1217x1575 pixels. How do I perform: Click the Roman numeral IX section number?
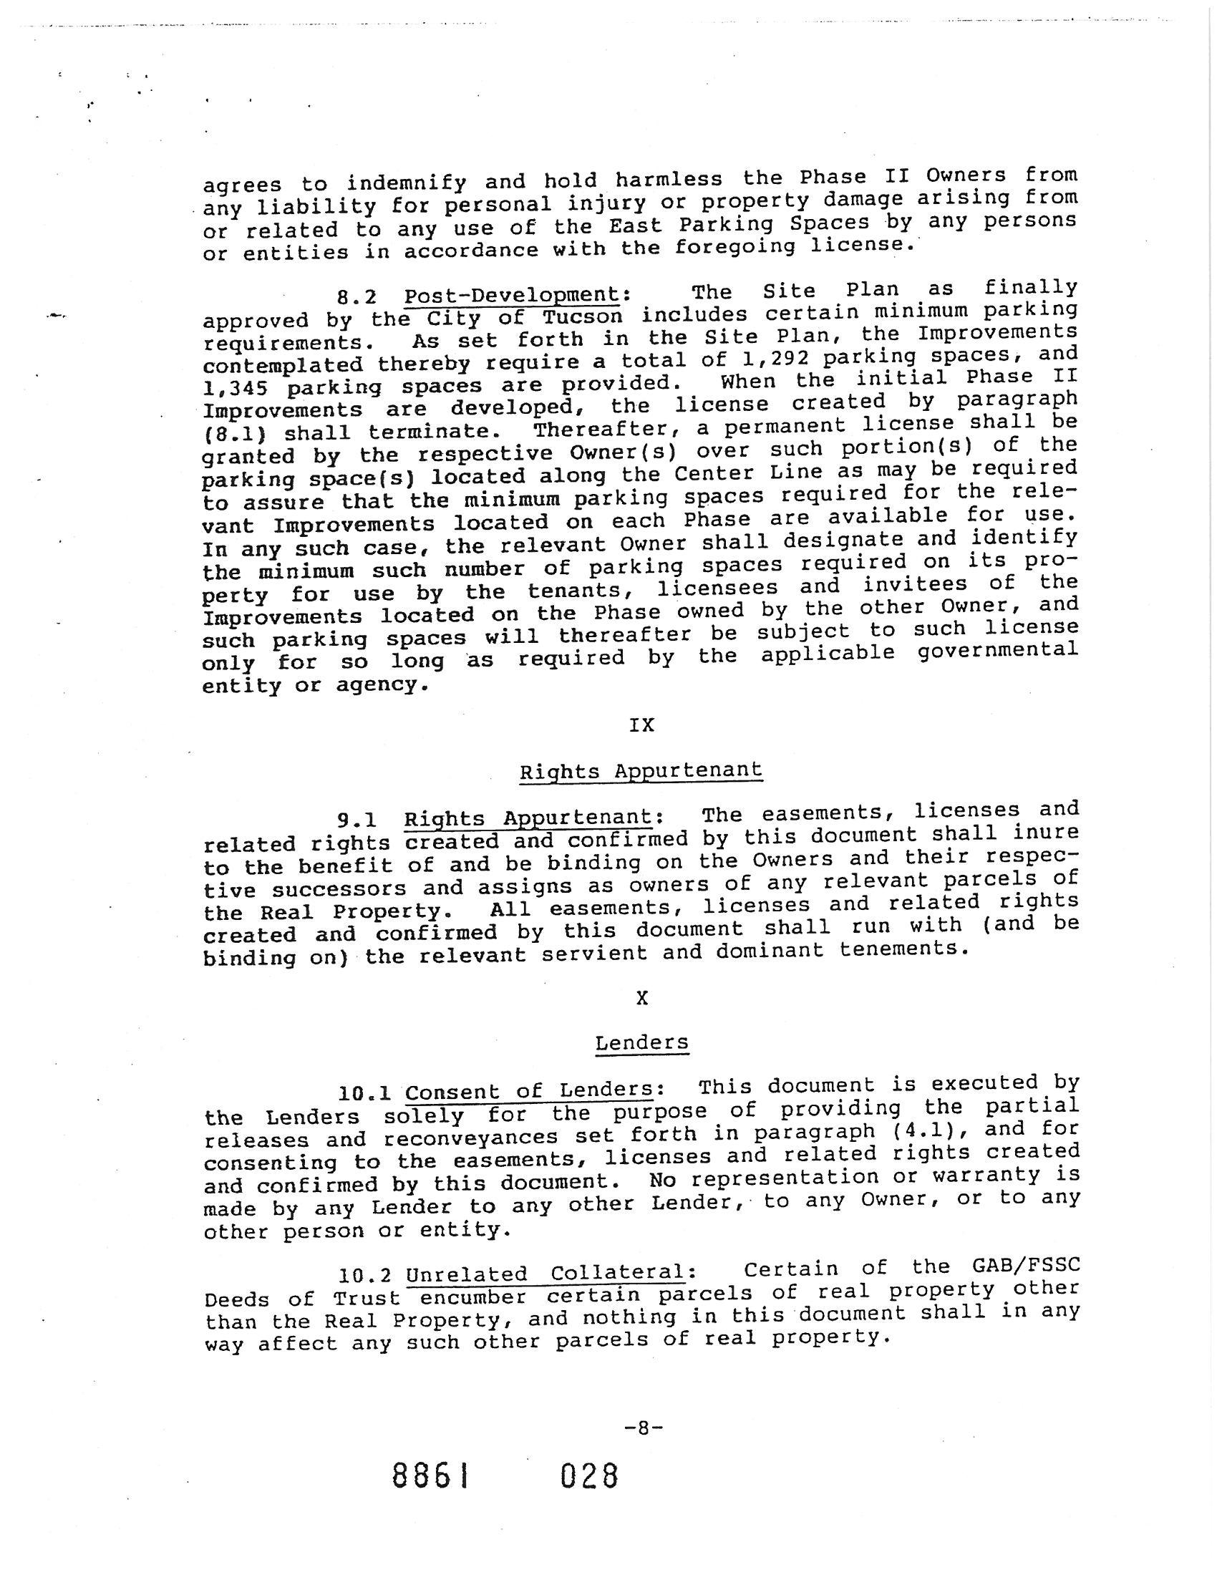point(641,725)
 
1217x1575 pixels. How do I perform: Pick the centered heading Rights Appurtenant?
point(640,771)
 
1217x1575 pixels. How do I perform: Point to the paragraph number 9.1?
point(359,820)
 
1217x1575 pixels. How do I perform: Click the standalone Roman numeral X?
point(641,998)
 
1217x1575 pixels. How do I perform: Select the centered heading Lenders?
point(641,1044)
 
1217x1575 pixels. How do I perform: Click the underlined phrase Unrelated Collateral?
point(544,1274)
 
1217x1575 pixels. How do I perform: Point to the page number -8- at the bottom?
point(641,1427)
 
